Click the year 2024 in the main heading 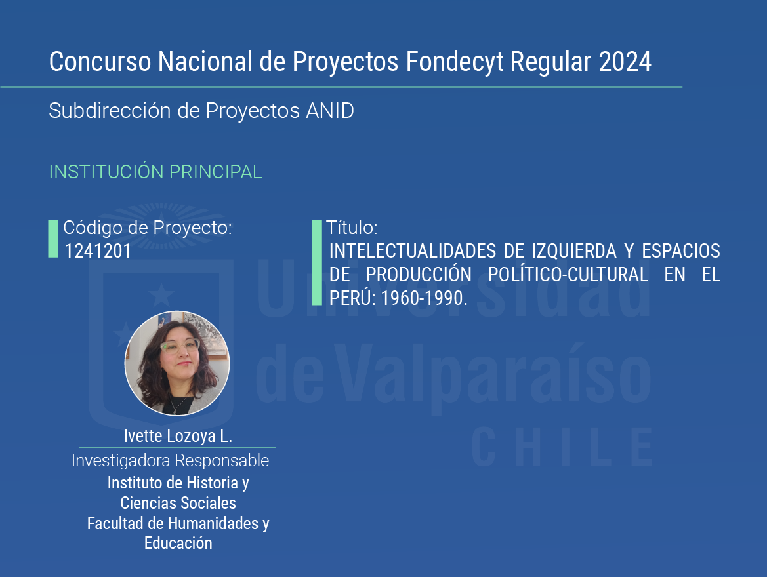tap(625, 62)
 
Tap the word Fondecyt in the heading tap(455, 62)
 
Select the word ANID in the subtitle tap(329, 111)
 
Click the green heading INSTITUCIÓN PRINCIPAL tap(155, 172)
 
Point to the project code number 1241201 tap(98, 251)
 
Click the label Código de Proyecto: tap(148, 228)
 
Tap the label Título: tap(352, 228)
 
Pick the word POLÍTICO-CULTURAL tap(568, 274)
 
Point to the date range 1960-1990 tap(424, 298)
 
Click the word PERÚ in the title tap(352, 297)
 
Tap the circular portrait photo tap(177, 363)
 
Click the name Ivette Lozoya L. tap(178, 435)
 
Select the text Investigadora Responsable tap(170, 460)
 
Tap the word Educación tap(178, 543)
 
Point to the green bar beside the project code tap(53, 239)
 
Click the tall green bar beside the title tap(317, 262)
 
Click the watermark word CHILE tap(562, 447)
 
